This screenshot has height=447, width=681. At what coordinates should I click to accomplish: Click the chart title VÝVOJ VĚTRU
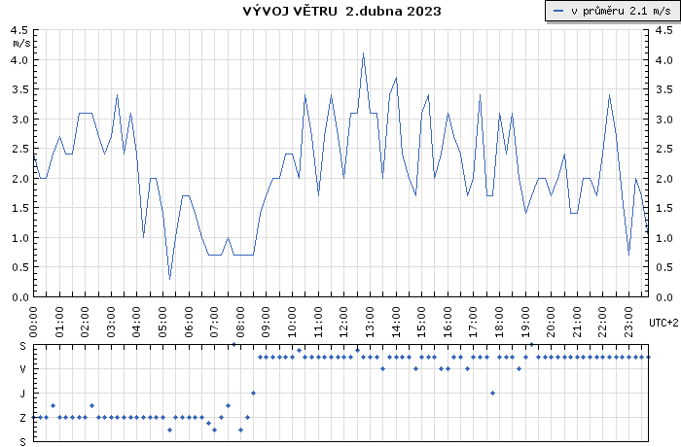point(290,12)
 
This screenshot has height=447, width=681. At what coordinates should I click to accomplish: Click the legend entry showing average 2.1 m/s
point(611,11)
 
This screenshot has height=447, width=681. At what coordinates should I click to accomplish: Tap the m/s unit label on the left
point(20,44)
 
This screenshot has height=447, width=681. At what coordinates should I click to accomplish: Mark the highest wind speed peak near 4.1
point(363,53)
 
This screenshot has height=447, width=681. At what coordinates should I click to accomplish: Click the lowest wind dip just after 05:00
point(169,279)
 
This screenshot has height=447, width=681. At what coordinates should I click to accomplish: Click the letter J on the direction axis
point(22,393)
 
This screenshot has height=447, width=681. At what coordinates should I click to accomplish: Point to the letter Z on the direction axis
point(22,417)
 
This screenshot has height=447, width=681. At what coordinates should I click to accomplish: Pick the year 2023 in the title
point(423,12)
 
